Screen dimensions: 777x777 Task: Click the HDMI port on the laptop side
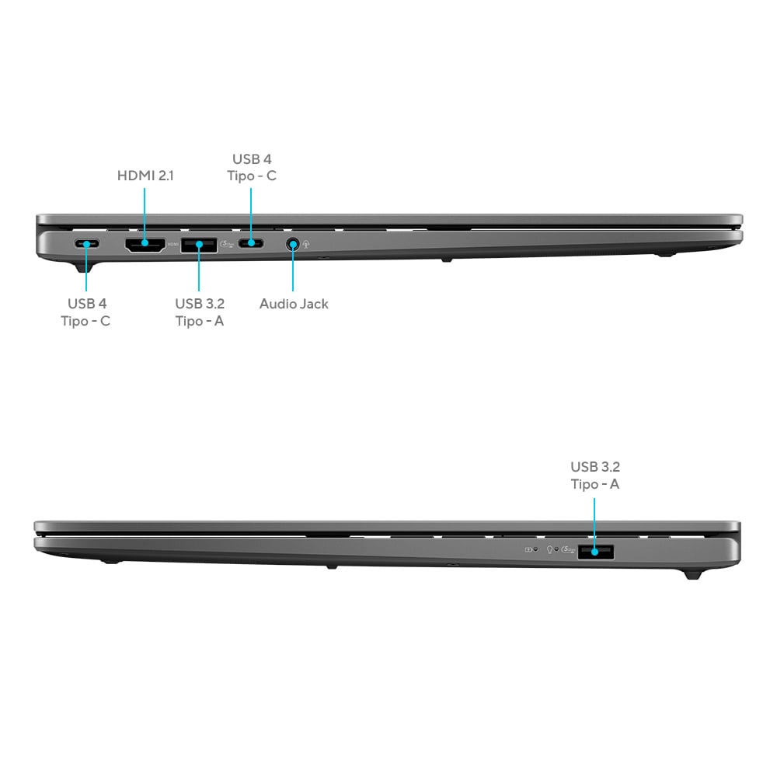pyautogui.click(x=145, y=245)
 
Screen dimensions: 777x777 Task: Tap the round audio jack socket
pyautogui.click(x=293, y=244)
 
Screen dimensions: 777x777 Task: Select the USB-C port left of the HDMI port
pyautogui.click(x=87, y=244)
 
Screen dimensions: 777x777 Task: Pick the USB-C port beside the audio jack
pyautogui.click(x=251, y=243)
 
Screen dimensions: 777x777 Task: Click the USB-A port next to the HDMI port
pyautogui.click(x=199, y=245)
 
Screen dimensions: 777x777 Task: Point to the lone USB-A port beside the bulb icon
pyautogui.click(x=596, y=552)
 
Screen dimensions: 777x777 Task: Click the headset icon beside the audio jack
pyautogui.click(x=306, y=244)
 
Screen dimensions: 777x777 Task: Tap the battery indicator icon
pyautogui.click(x=528, y=549)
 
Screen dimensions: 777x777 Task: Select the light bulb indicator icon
pyautogui.click(x=549, y=549)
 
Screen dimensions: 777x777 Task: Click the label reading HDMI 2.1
pyautogui.click(x=145, y=176)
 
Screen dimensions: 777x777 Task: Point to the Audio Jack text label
pyautogui.click(x=294, y=304)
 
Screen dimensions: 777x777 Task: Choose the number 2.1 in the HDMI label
pyautogui.click(x=165, y=176)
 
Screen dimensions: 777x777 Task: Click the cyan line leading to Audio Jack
pyautogui.click(x=293, y=267)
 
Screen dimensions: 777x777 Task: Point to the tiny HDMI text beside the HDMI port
pyautogui.click(x=173, y=244)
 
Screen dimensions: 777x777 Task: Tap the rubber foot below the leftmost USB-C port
pyautogui.click(x=84, y=267)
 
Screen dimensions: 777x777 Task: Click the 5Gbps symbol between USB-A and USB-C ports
pyautogui.click(x=227, y=244)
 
